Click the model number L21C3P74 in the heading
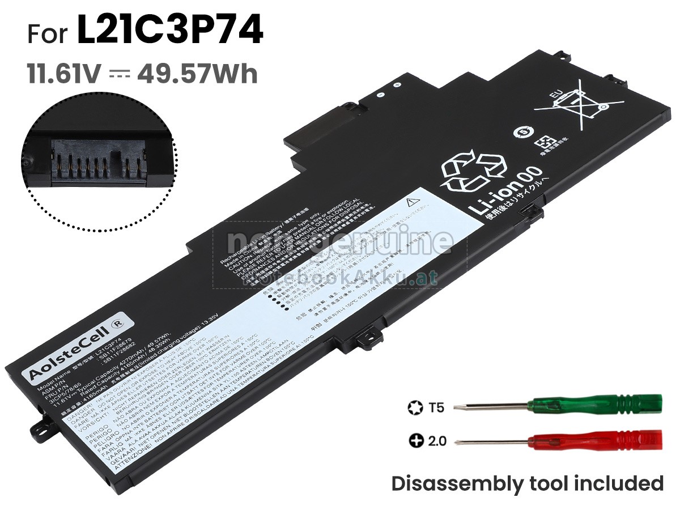click(x=169, y=32)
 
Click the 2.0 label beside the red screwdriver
click(x=437, y=440)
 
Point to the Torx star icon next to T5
click(x=414, y=407)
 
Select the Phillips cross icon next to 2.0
click(x=415, y=440)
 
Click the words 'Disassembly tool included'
click(x=527, y=483)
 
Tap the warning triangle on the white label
click(x=412, y=202)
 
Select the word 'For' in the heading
click(x=48, y=34)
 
